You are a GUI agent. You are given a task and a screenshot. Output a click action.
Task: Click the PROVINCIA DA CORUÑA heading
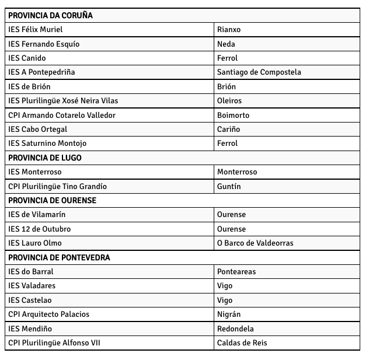(x=51, y=15)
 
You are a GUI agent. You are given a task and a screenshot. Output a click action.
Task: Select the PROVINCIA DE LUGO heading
(x=45, y=158)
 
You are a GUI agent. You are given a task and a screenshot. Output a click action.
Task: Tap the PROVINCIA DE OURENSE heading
(x=53, y=200)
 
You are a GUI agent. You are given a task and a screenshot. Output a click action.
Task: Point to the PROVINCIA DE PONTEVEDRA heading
(x=59, y=257)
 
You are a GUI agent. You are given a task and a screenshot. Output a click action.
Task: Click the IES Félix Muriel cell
(x=36, y=29)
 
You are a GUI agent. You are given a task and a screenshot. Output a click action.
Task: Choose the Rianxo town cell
(x=229, y=29)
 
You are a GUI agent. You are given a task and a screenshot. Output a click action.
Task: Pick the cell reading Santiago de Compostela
(x=259, y=72)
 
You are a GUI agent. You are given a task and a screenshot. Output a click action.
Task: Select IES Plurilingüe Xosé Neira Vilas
(x=63, y=100)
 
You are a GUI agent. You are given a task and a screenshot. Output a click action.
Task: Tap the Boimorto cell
(x=233, y=115)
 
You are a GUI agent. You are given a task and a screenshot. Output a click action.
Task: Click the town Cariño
(x=228, y=129)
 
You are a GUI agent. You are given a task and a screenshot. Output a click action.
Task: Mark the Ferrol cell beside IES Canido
(x=227, y=58)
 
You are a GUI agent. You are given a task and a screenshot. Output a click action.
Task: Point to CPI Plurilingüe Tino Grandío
(x=57, y=186)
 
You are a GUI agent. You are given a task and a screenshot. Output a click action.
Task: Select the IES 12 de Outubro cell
(x=40, y=229)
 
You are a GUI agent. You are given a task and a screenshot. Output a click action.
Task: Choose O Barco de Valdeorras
(x=255, y=243)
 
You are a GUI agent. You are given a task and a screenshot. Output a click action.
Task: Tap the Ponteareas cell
(x=236, y=271)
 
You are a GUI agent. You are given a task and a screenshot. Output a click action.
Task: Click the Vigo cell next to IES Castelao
(x=225, y=300)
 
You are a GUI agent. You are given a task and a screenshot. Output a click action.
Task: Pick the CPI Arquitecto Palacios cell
(x=49, y=314)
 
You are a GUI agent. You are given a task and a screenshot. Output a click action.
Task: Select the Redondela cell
(x=235, y=328)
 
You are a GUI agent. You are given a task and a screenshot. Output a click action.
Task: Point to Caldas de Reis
(x=242, y=342)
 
